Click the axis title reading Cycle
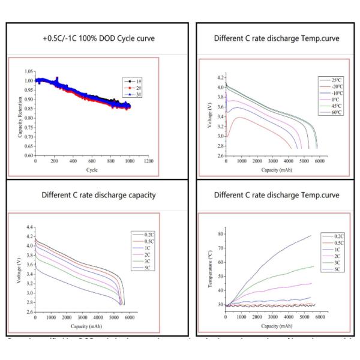coord(92,169)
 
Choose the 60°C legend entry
coord(328,112)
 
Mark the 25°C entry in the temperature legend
coord(328,79)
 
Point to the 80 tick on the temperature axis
coord(221,231)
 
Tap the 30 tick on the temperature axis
coord(221,305)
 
